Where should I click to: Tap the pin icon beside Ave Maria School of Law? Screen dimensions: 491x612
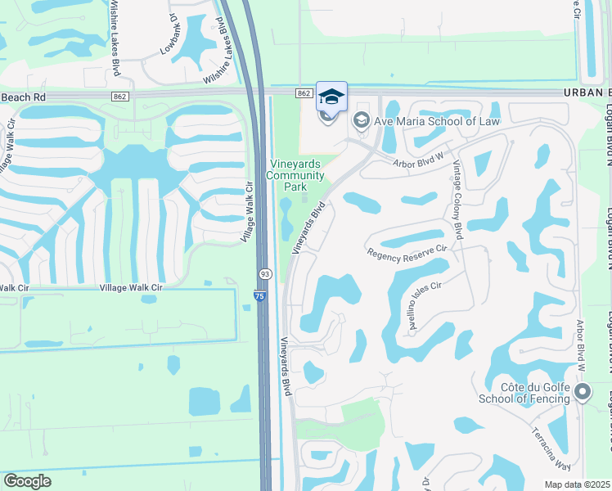(x=361, y=121)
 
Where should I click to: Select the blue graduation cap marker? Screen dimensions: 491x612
(x=331, y=97)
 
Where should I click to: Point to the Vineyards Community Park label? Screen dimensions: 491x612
(x=295, y=175)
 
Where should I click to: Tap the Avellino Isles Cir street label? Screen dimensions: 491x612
(x=425, y=305)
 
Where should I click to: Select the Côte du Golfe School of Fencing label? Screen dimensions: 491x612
(x=529, y=393)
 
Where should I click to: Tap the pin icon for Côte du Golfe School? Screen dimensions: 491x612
(x=582, y=393)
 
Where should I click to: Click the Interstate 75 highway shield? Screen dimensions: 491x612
(x=259, y=295)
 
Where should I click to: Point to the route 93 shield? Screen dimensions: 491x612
(x=264, y=273)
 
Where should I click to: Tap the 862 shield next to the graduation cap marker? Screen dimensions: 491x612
(x=304, y=94)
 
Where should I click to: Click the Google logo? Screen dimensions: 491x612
(x=27, y=481)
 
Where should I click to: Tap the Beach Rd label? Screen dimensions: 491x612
(x=25, y=97)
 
